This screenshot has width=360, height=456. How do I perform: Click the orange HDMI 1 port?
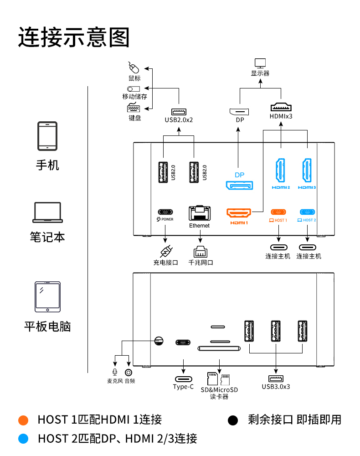click(x=239, y=213)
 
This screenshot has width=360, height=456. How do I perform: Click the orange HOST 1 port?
click(x=278, y=212)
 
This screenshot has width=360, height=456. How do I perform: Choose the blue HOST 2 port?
click(x=308, y=212)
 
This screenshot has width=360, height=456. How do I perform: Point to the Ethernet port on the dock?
click(x=199, y=213)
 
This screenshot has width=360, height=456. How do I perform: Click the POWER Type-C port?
click(x=165, y=212)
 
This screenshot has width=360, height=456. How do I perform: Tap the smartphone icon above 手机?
click(x=47, y=136)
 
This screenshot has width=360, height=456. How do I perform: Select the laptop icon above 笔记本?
click(x=47, y=213)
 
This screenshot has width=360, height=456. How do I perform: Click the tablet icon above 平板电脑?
click(x=47, y=297)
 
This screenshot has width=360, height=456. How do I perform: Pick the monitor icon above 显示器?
click(x=260, y=63)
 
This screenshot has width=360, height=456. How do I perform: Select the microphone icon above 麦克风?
click(x=115, y=373)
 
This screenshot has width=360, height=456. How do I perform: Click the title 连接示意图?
click(x=74, y=37)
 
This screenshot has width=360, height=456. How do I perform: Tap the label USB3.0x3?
click(x=276, y=387)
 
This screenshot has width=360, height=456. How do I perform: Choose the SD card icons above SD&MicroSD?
click(x=219, y=378)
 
